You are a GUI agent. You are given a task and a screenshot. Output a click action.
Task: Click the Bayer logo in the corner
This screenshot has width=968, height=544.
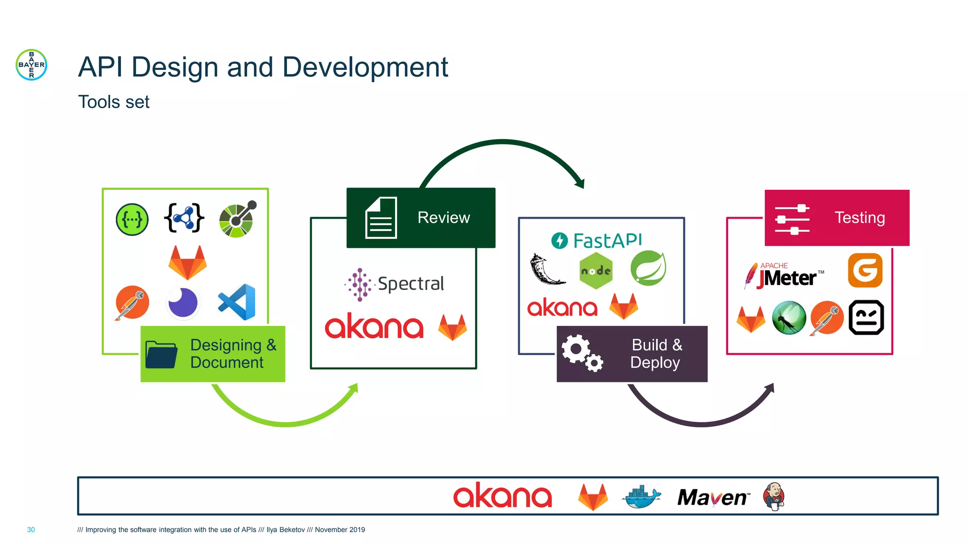(x=31, y=65)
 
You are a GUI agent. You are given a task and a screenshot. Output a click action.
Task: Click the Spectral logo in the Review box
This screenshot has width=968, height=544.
(x=395, y=284)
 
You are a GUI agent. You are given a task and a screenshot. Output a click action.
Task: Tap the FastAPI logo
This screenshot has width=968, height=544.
(x=597, y=240)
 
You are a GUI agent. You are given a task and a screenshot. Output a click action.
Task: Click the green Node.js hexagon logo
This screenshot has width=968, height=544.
(x=596, y=271)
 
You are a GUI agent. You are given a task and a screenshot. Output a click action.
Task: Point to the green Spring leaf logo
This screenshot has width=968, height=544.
(x=648, y=268)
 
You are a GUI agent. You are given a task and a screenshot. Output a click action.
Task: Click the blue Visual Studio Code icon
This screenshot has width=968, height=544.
(x=237, y=302)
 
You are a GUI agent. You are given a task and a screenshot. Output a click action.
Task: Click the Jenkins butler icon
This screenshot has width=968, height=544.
(x=774, y=496)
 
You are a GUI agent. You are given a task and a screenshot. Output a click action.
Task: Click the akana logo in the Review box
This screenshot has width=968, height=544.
(x=374, y=326)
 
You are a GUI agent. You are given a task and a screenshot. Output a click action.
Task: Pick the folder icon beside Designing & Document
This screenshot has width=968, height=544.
(x=161, y=354)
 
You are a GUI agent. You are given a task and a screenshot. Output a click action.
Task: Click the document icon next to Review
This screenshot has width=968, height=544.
(x=381, y=218)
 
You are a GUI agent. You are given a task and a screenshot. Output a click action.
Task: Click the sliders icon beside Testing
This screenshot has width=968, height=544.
(x=793, y=219)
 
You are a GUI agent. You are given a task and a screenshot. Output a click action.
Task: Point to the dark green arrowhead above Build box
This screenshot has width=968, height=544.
(x=580, y=183)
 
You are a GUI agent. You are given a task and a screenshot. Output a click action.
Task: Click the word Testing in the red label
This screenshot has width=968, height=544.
(x=859, y=218)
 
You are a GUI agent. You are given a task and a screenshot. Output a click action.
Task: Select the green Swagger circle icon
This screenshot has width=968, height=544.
(x=132, y=220)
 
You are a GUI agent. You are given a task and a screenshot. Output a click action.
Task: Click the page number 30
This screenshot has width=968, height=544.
(x=31, y=530)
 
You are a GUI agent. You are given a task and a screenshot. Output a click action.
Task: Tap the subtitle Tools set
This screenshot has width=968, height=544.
(x=113, y=102)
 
